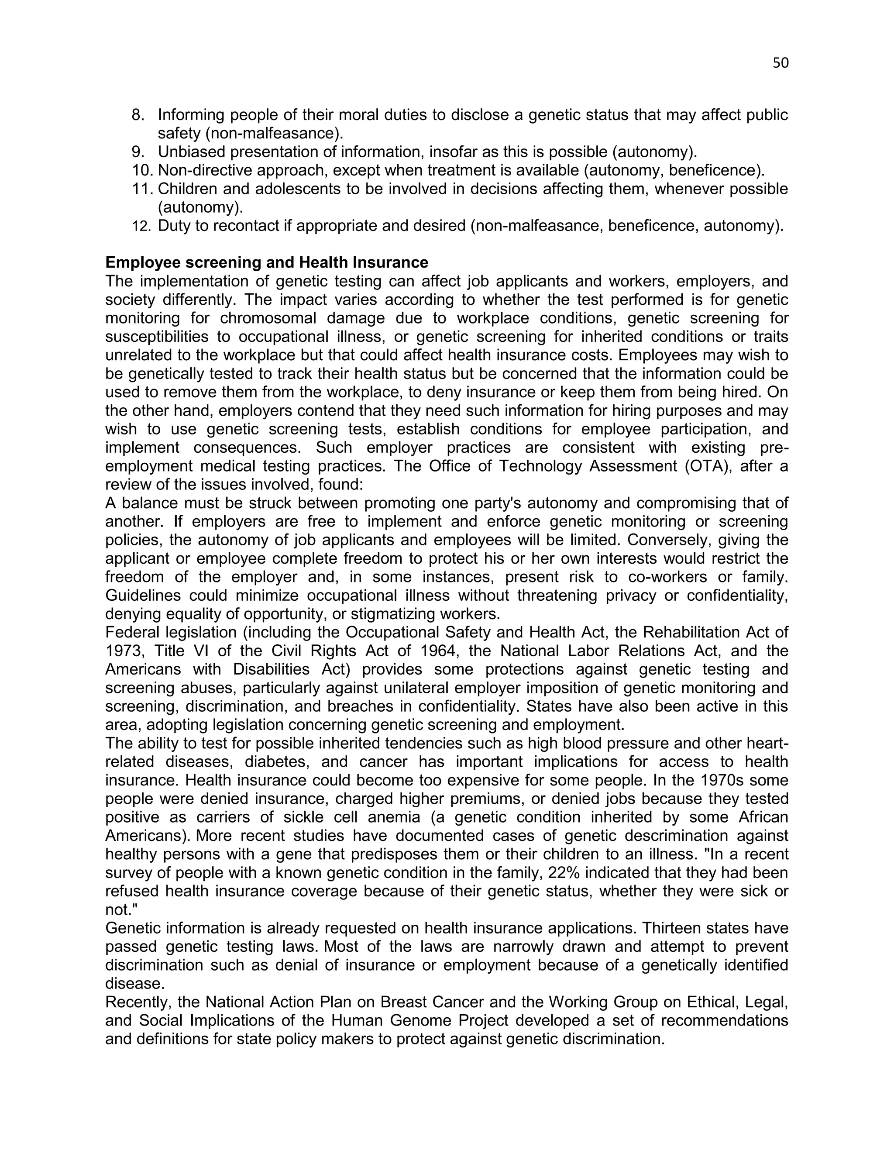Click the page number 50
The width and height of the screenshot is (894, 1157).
pyautogui.click(x=780, y=63)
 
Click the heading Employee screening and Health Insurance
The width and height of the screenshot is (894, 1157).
pyautogui.click(x=266, y=262)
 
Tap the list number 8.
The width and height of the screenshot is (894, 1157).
pyautogui.click(x=137, y=114)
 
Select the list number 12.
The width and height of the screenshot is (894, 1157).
pyautogui.click(x=141, y=226)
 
